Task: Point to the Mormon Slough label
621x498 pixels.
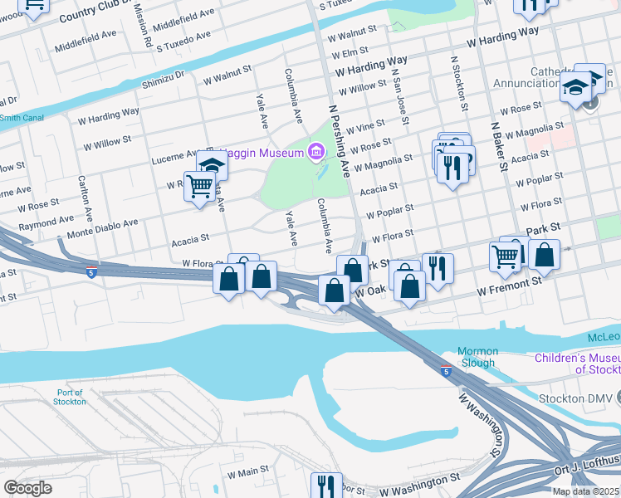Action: [477, 357]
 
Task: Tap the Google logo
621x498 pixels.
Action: [28, 488]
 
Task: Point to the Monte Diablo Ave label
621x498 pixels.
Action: [101, 225]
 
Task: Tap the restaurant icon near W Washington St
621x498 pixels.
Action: [325, 485]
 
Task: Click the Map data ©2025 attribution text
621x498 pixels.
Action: [584, 491]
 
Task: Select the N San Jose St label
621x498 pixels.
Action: [400, 100]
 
